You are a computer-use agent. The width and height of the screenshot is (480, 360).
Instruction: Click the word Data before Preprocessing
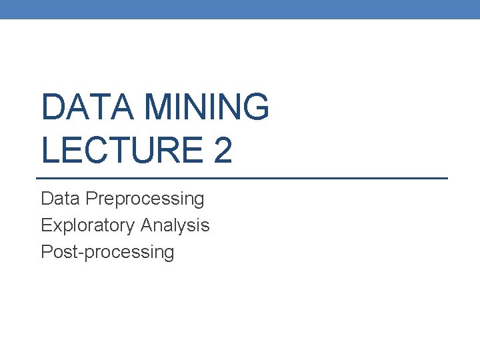coord(61,199)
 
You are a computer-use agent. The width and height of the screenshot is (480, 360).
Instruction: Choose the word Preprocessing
coord(145,199)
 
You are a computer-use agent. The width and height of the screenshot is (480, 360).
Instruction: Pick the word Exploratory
coord(88,225)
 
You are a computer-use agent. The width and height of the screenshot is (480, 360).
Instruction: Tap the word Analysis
coord(175,225)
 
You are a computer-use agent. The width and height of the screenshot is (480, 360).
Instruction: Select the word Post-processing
coord(107,252)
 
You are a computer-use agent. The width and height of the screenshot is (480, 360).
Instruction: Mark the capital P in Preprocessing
coord(91,199)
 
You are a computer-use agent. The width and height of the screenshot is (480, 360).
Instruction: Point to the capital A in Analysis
coord(146,225)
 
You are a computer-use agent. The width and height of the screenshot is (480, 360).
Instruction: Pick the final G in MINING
coord(255,107)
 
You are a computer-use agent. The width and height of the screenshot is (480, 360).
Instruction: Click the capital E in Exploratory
coord(46,225)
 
